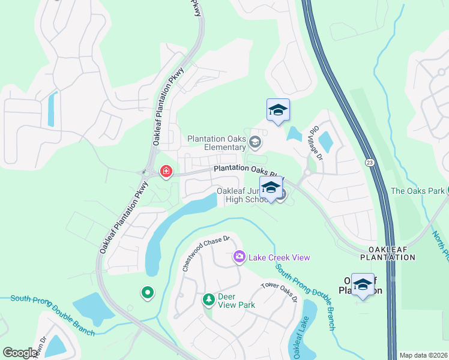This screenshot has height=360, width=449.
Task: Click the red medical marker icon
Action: coord(166,172)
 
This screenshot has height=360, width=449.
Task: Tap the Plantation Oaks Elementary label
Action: coord(217,143)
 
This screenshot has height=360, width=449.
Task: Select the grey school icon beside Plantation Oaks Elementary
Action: coord(255,142)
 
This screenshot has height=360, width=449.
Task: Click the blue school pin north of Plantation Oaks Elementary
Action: coord(278,110)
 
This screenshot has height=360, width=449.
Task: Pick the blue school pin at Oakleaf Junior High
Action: coord(271,188)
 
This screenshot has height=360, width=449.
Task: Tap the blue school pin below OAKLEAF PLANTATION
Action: coord(363,285)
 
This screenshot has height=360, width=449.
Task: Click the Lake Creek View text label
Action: coord(279,257)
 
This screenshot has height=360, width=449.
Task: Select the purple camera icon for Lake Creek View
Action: coord(240,257)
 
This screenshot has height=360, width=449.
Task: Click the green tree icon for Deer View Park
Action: coord(208,299)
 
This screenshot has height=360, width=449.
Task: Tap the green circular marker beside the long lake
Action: coord(147,293)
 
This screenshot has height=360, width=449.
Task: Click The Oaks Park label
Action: coord(417,191)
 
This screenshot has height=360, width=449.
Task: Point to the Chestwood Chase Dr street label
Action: coord(206,253)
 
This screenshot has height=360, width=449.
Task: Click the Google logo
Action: coord(20,353)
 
